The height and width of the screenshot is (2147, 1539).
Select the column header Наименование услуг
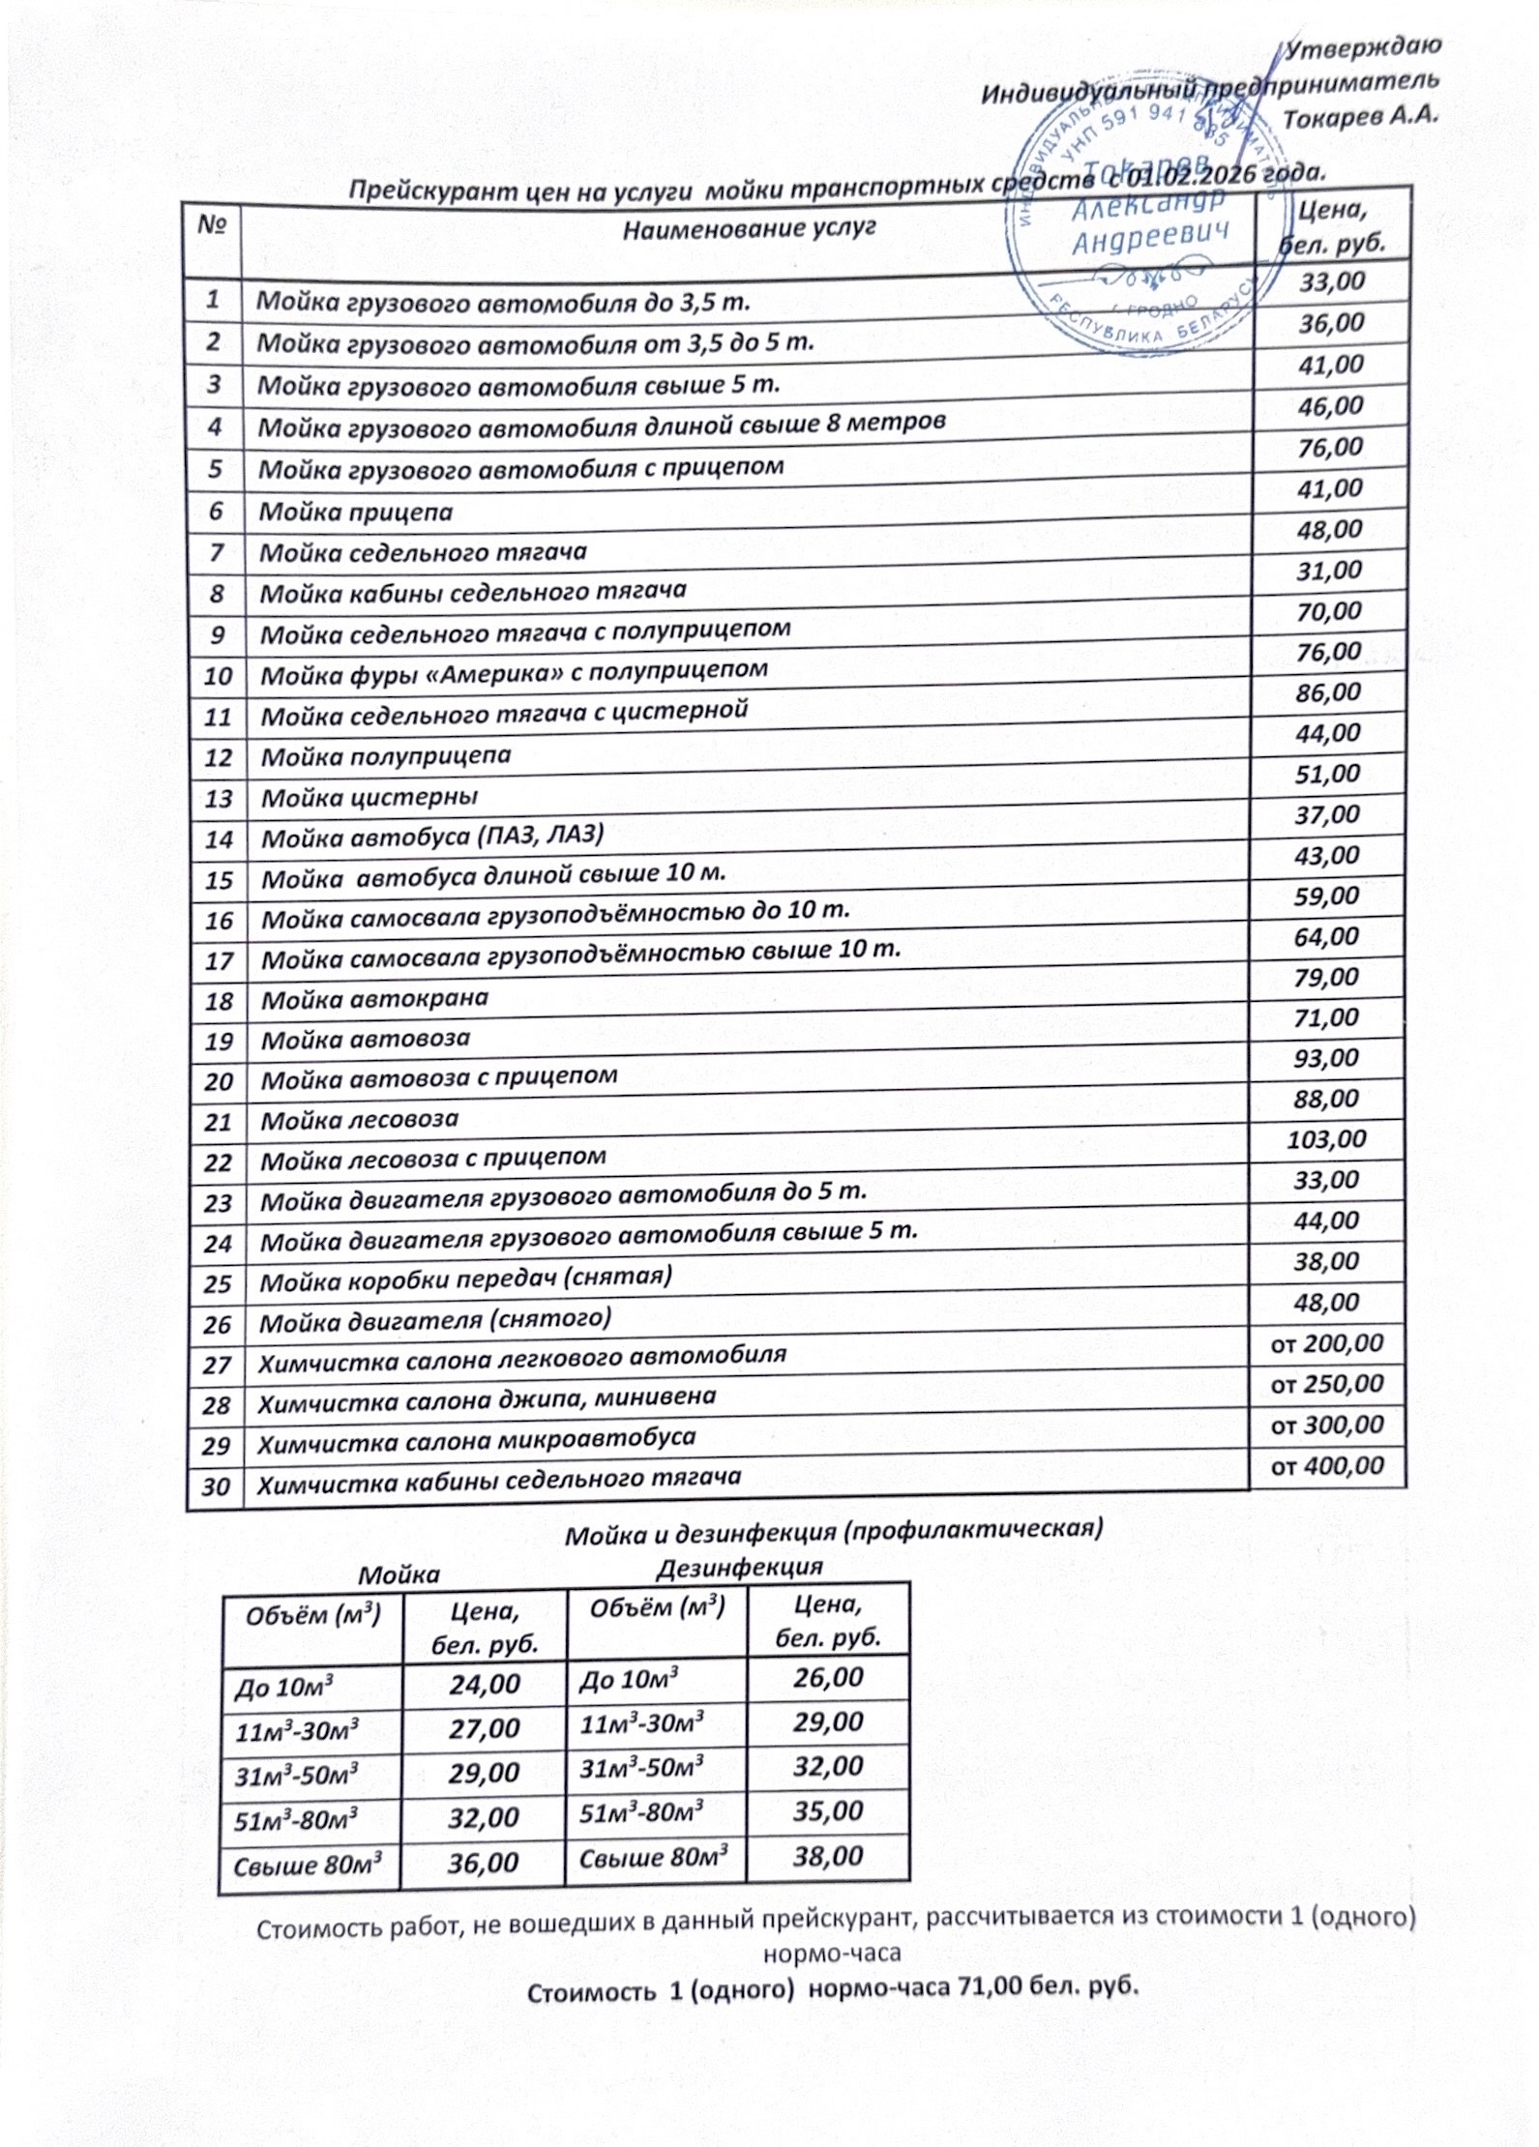(748, 228)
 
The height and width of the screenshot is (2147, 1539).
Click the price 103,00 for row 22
(1326, 1139)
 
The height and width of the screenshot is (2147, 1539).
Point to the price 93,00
(1327, 1058)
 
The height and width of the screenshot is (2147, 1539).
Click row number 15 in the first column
(219, 879)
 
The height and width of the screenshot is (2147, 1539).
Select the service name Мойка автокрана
(375, 998)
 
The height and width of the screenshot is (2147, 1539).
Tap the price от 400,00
(1327, 1466)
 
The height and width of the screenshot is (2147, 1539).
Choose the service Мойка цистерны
(370, 797)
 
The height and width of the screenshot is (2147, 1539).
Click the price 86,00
(1328, 692)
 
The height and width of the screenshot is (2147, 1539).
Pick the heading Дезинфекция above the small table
(739, 1566)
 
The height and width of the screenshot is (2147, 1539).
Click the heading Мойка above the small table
(399, 1574)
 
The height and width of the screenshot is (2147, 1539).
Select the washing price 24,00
(485, 1684)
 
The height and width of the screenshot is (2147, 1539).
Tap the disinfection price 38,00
(828, 1856)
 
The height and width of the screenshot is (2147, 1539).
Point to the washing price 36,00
(483, 1862)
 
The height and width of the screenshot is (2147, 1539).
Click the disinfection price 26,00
(828, 1677)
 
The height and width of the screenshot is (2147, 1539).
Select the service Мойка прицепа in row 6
(355, 512)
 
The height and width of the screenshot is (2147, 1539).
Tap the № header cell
(212, 225)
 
